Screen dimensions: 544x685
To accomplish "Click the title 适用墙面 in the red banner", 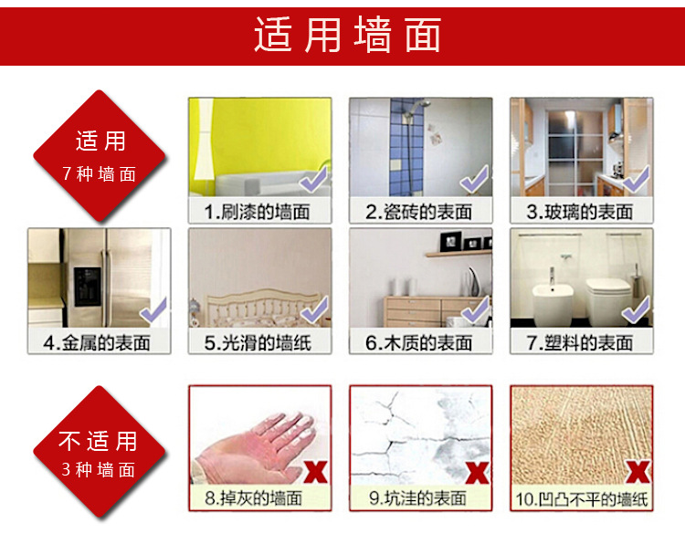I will [347, 37].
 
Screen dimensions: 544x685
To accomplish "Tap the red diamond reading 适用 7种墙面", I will [100, 155].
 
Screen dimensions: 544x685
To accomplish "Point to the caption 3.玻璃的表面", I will [580, 213].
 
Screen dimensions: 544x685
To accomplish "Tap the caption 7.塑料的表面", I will [580, 343].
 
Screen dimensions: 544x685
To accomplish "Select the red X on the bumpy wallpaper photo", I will [638, 472].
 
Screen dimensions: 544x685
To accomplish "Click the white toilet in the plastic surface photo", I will [602, 298].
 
